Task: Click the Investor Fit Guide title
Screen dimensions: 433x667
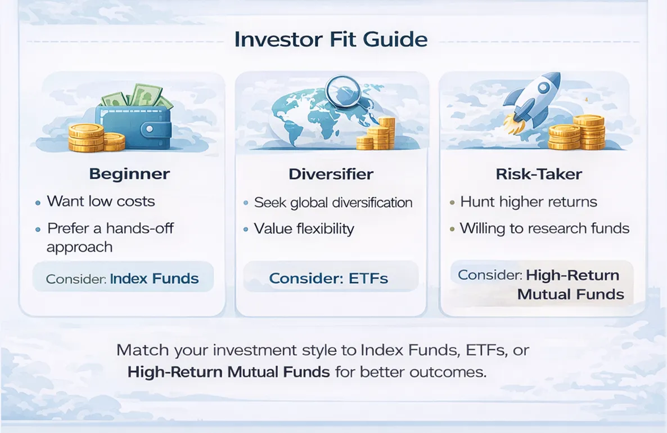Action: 331,40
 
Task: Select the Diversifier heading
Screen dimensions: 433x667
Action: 331,174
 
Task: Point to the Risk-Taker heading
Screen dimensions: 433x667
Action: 539,174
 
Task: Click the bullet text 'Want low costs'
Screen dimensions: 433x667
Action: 101,201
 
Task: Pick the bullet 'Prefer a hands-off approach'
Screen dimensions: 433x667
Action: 110,237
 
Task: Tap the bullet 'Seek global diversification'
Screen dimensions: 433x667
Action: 333,202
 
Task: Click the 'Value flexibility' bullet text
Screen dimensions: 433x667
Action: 304,229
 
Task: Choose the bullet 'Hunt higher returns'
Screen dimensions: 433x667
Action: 528,202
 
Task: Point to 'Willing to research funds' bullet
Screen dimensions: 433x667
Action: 544,228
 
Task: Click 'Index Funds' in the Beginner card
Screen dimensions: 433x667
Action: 154,278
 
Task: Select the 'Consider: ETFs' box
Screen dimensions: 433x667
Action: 328,278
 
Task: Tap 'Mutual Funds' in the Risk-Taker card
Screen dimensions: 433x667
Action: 570,294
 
